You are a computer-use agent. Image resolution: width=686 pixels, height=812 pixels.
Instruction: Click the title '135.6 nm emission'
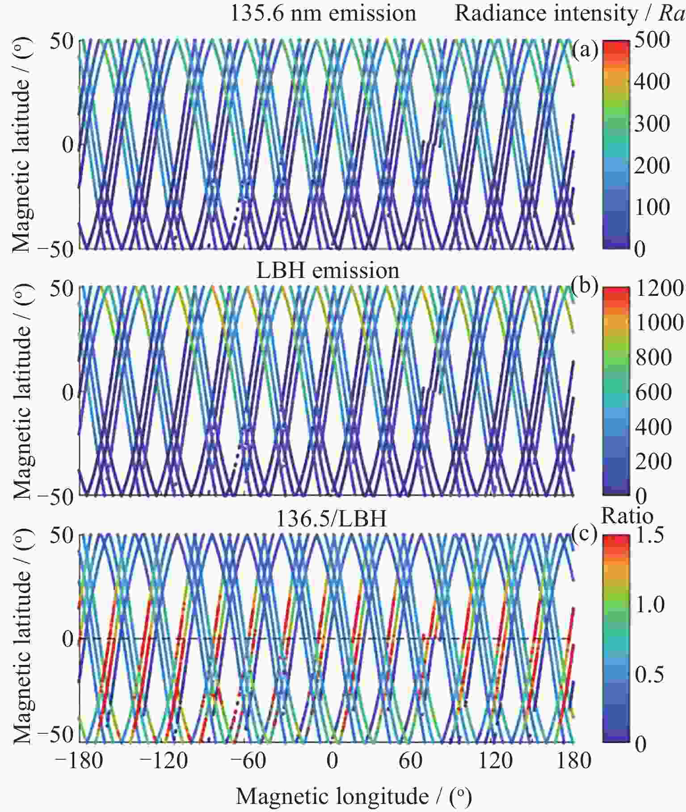[323, 13]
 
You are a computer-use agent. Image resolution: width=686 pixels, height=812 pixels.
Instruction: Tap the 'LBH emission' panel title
[328, 270]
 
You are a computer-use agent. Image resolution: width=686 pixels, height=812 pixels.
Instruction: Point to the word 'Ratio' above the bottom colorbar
[627, 516]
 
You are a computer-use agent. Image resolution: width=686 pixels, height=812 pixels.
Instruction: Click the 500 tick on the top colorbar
[652, 40]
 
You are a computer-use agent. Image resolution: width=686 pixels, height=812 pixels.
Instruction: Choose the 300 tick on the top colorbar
[652, 123]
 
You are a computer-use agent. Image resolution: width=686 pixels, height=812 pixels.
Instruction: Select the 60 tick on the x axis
[410, 760]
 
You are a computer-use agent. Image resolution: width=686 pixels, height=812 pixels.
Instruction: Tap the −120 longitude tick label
[164, 760]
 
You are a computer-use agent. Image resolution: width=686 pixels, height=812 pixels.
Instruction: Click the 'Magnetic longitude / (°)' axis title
[353, 795]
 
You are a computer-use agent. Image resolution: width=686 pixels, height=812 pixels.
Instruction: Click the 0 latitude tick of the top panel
[67, 145]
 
